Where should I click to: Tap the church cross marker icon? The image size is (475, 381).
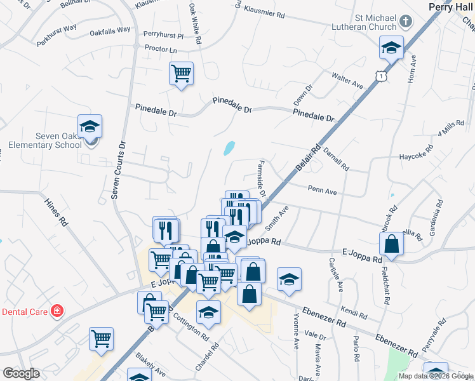pos(407,22)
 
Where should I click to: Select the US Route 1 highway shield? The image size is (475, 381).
pos(380,76)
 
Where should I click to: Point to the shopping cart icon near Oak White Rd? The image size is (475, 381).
pos(181,74)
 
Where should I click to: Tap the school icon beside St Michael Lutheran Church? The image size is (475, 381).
pos(392,47)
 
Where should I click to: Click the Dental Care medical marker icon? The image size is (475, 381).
pos(57,311)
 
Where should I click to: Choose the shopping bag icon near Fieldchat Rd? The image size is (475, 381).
pos(392,244)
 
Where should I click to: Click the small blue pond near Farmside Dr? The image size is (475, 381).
pos(229,148)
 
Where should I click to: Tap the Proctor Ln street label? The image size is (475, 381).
pos(160,48)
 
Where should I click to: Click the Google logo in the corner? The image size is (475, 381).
pos(20,373)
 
